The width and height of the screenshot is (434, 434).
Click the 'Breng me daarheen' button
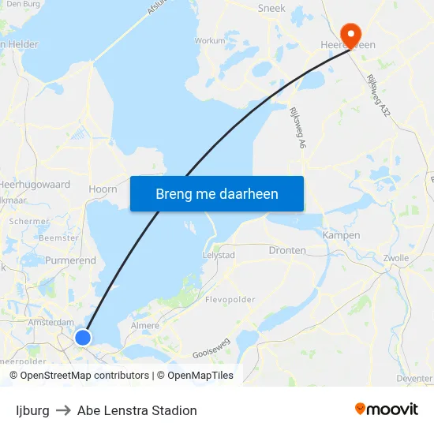pos(217,193)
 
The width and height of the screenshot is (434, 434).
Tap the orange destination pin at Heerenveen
pos(349,34)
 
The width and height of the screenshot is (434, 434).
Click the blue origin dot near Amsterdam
pos(83,338)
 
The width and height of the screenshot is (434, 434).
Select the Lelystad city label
pos(219,256)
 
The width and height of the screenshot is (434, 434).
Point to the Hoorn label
pos(103,189)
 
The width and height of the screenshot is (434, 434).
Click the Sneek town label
pos(271,9)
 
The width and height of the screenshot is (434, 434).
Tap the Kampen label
pos(342,235)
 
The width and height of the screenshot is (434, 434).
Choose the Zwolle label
pos(395,258)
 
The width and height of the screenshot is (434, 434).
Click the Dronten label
pos(287,250)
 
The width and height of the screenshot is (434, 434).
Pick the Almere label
pos(144,325)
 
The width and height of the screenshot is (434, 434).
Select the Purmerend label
pos(70,260)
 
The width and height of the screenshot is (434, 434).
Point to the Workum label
pos(210,40)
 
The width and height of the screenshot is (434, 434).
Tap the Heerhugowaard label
pos(36,185)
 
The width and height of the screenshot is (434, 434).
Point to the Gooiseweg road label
pos(211,348)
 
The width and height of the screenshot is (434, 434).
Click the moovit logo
pos(387,410)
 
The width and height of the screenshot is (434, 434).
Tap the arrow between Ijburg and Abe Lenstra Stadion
pos(63,410)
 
